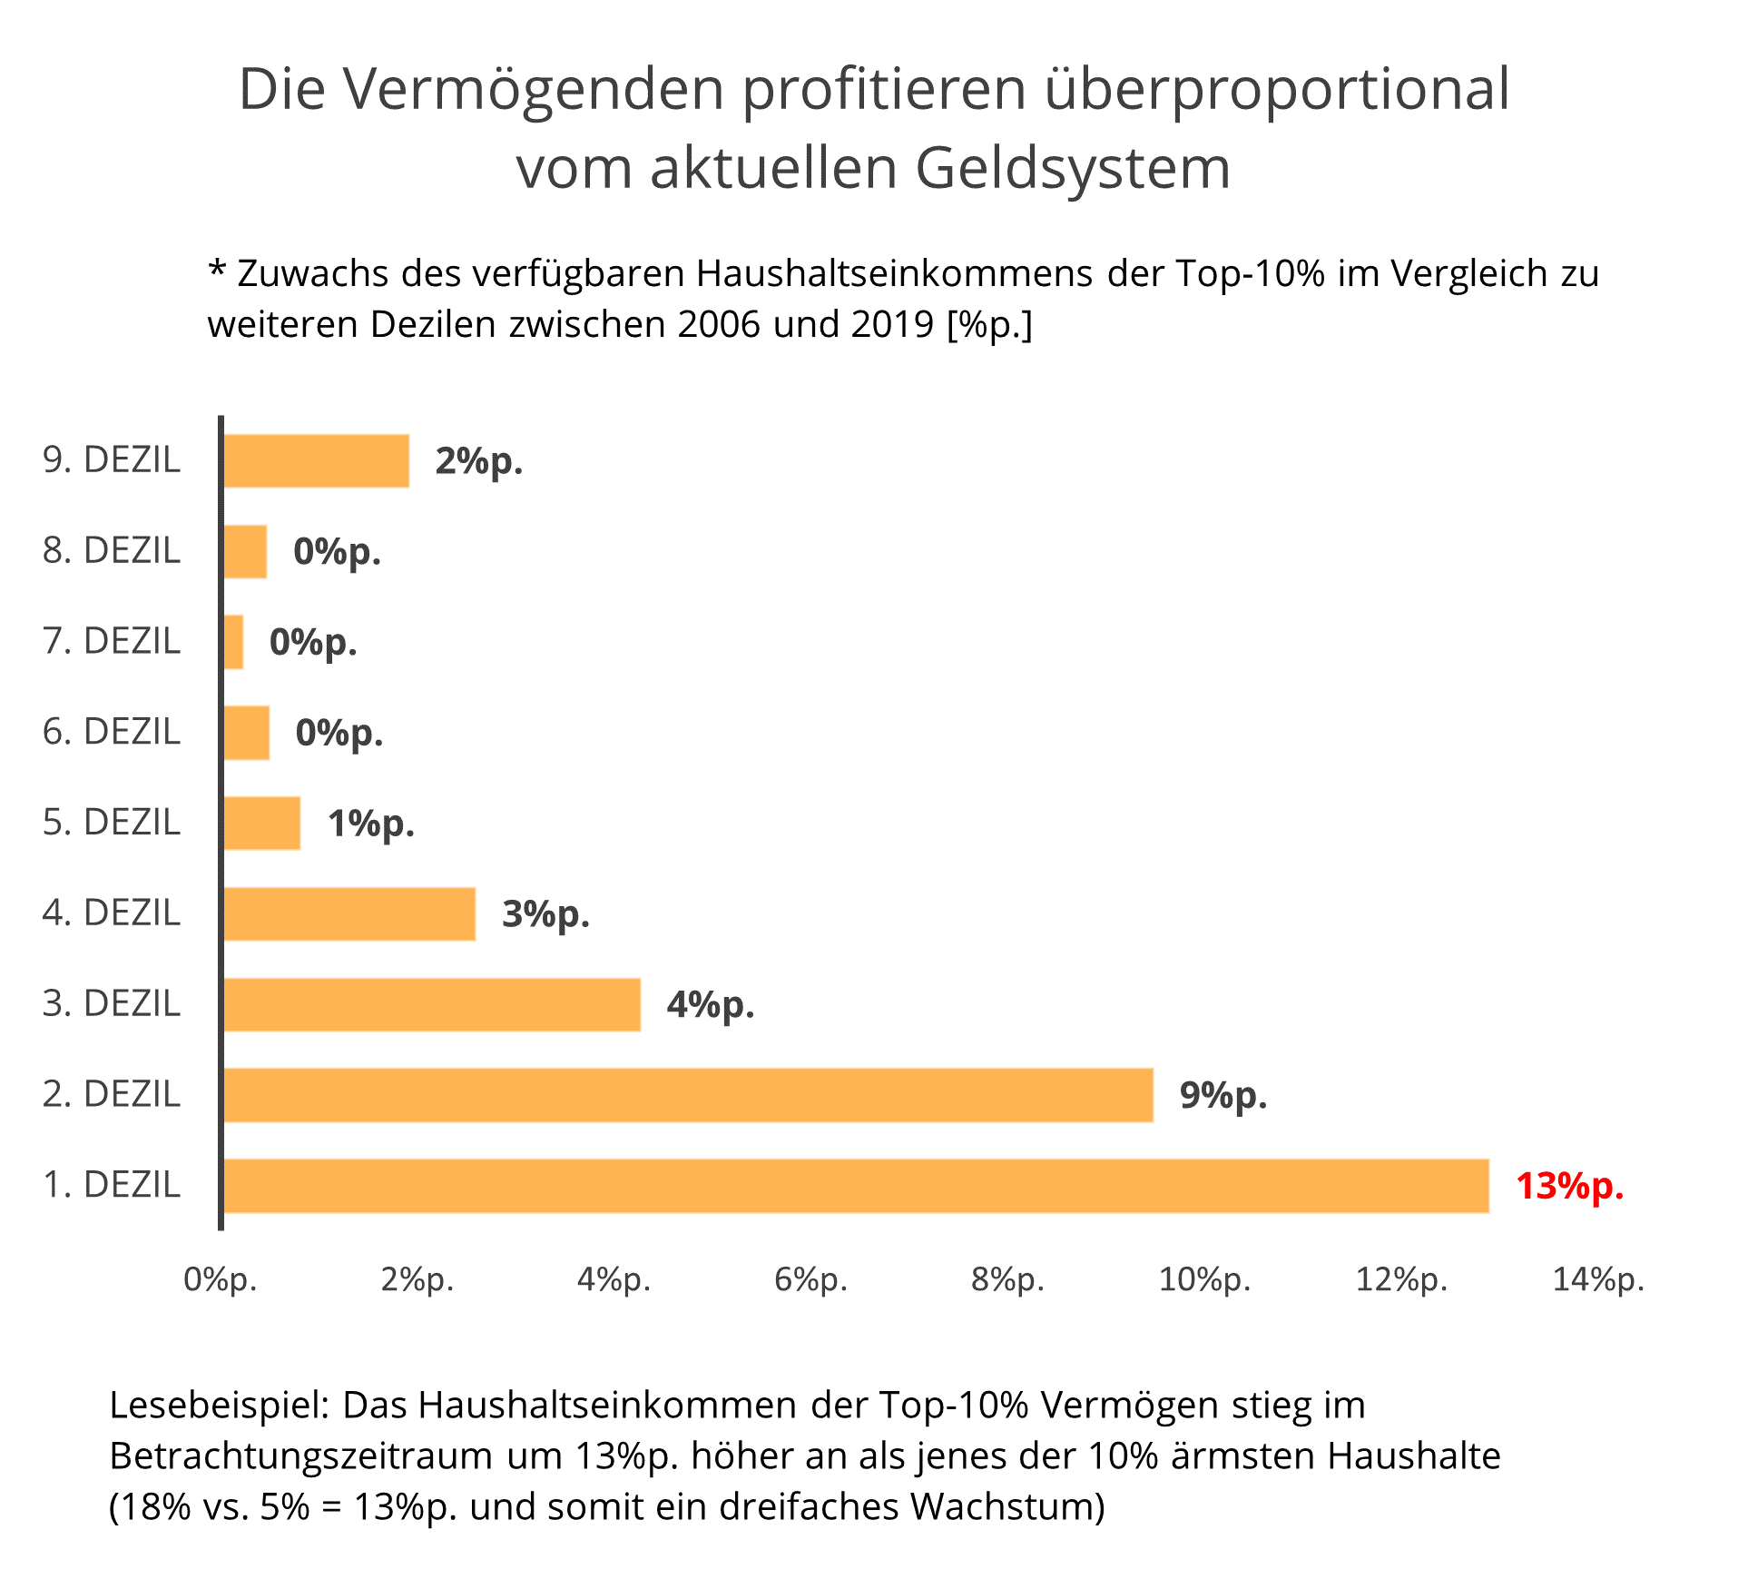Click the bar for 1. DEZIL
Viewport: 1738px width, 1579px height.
[856, 1185]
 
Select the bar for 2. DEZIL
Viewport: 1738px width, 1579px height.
[688, 1095]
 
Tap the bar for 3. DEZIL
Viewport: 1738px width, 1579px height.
[432, 1004]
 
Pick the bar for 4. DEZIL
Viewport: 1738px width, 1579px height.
[349, 913]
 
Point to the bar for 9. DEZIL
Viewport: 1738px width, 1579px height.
[316, 461]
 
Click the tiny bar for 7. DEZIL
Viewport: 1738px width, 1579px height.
[233, 642]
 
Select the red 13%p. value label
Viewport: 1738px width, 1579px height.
[1569, 1186]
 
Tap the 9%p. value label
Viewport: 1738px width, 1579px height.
[1222, 1095]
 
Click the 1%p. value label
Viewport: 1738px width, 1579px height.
[370, 824]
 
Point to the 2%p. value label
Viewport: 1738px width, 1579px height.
[478, 461]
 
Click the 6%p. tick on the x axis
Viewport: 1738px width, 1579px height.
[810, 1279]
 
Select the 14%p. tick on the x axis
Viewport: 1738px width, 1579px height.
[1598, 1279]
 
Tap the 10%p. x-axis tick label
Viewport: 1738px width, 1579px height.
[1204, 1279]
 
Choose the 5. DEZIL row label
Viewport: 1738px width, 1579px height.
[112, 823]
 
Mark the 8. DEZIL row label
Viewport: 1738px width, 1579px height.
[112, 551]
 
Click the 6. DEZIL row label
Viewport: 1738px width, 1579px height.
[112, 732]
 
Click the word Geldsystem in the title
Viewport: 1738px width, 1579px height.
[1072, 168]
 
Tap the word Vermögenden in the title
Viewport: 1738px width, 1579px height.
[535, 89]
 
